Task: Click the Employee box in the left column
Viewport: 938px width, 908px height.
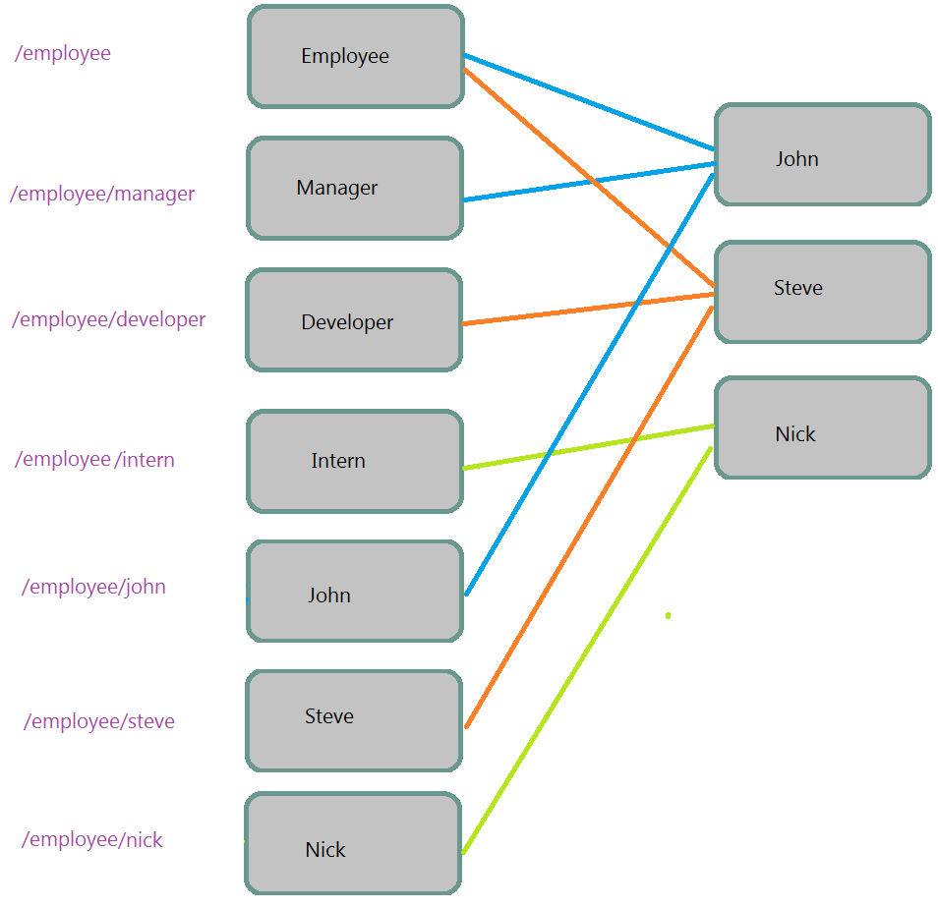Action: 355,56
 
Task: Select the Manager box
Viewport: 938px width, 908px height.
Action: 354,188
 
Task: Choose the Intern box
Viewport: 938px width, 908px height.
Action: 354,461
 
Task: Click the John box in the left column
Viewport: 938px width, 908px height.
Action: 354,592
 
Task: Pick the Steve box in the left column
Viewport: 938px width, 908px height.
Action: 353,720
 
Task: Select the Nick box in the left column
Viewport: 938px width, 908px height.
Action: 352,844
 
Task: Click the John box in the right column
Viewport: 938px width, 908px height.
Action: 822,155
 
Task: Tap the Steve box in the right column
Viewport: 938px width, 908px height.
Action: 822,292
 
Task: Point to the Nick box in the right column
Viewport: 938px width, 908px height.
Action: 822,427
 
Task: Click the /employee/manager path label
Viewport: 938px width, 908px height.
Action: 102,194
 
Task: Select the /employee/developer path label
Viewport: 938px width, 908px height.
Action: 108,319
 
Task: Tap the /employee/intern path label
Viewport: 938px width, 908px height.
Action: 94,459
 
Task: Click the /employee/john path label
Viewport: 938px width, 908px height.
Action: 93,587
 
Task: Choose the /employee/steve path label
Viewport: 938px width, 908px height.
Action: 99,721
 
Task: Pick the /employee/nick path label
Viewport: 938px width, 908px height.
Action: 92,839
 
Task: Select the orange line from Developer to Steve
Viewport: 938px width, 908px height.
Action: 590,309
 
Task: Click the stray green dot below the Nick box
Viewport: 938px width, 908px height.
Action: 668,615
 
